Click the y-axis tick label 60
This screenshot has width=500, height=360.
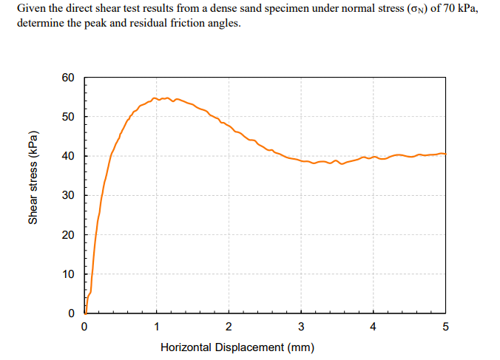[x=68, y=78]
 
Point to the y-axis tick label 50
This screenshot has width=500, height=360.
[x=68, y=117]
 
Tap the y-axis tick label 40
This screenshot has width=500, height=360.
[x=68, y=156]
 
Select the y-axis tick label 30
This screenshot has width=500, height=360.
[x=68, y=195]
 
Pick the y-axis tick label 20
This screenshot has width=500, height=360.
[x=68, y=235]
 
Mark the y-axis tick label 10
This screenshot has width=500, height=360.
[x=68, y=274]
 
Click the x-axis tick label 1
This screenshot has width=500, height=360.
[x=156, y=326]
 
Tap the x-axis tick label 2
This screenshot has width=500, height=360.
[x=229, y=326]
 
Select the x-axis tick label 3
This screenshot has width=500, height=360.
[x=300, y=326]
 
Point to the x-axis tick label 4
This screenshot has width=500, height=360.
[x=373, y=326]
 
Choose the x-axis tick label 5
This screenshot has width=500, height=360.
[x=445, y=326]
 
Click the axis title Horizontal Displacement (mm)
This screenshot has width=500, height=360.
[x=237, y=347]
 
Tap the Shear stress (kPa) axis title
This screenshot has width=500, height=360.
[x=33, y=177]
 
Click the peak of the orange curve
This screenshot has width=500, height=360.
[x=155, y=98]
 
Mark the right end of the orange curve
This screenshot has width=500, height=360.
[x=445, y=154]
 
